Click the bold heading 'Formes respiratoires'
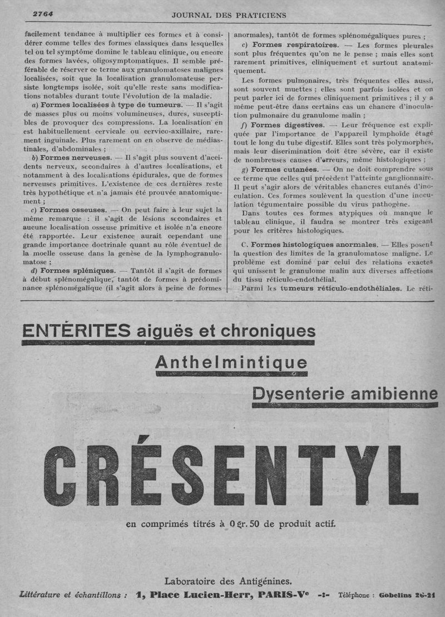[294, 45]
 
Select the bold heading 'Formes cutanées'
[284, 169]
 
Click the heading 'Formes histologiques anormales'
[311, 244]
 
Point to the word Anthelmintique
[231, 363]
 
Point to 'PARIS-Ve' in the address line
[286, 594]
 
